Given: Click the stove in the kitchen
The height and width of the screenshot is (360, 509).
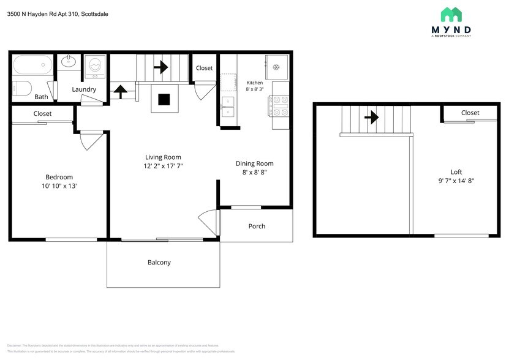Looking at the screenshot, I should (280, 105).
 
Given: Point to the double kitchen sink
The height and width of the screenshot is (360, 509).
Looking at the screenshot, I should (228, 106).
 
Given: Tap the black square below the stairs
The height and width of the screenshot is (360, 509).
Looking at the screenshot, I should (165, 99).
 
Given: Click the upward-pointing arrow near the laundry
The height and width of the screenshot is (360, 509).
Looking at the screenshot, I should (121, 91).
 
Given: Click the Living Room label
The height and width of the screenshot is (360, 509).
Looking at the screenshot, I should (163, 157).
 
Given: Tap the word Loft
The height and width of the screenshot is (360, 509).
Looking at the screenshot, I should (456, 172).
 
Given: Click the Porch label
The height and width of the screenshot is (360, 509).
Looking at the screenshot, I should (257, 226).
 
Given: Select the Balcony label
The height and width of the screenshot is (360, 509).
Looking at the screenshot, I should (159, 262).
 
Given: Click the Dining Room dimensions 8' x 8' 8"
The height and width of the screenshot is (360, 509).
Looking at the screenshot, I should (255, 173).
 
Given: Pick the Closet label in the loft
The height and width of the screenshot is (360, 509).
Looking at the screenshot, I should (470, 113).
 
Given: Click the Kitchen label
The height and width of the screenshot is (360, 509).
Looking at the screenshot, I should (255, 83).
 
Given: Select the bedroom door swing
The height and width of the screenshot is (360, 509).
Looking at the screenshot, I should (90, 140).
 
